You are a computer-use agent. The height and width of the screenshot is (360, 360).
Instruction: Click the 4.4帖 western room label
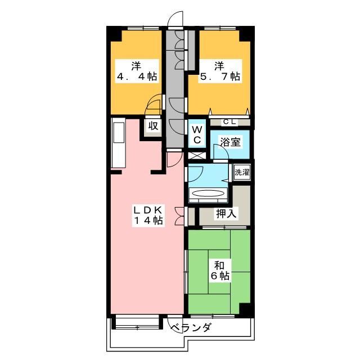click(137, 70)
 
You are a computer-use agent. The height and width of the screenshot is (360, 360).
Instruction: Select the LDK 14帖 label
click(148, 215)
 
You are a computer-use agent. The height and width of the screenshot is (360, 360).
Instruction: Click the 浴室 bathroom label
click(230, 142)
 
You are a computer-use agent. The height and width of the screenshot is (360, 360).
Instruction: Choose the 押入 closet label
click(226, 214)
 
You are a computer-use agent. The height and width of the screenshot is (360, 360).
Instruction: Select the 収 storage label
click(152, 126)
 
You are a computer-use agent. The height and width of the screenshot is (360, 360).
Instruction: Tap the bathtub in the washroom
click(208, 194)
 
